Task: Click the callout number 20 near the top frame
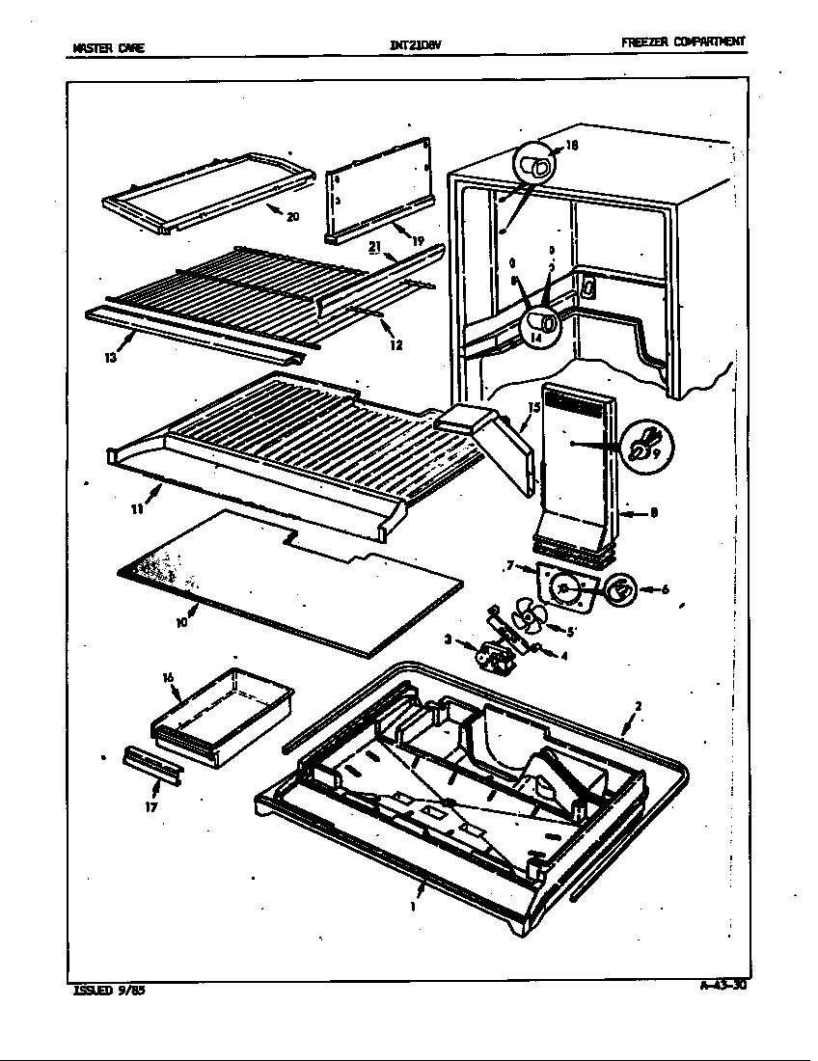coord(292,217)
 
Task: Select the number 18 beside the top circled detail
coord(572,146)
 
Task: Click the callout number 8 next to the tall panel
coord(654,513)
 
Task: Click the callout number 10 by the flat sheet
coord(182,623)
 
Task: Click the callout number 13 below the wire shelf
coord(112,357)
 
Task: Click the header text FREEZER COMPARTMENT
coord(683,41)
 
